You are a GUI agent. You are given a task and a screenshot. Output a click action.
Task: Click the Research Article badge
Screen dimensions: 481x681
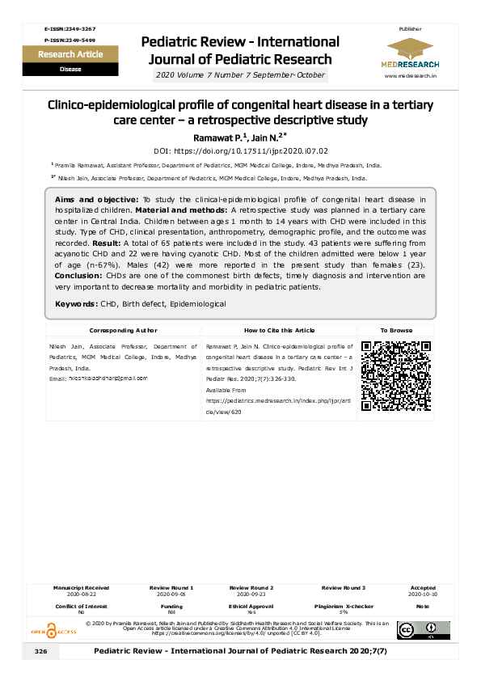coord(65,55)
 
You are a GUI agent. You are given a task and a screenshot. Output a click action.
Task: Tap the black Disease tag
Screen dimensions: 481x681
coord(65,70)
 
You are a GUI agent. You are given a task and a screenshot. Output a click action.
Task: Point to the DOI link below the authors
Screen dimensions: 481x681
coord(240,151)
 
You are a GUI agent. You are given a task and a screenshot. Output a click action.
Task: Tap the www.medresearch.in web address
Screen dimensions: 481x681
coord(411,75)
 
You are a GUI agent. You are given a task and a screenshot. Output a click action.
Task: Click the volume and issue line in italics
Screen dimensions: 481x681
coord(240,75)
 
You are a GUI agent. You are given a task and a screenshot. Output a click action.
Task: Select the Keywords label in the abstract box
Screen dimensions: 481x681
coord(75,303)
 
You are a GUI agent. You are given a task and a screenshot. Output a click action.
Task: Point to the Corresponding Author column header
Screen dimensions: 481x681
coord(124,331)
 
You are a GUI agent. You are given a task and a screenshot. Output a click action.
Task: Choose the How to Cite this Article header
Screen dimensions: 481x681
coord(279,331)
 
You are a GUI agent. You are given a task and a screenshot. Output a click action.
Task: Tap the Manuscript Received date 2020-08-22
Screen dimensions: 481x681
coord(81,593)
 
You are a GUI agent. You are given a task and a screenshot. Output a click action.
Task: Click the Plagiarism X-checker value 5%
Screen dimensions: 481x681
coord(344,612)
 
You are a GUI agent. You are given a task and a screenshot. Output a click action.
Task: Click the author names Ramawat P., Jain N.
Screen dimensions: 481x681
coord(240,137)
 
